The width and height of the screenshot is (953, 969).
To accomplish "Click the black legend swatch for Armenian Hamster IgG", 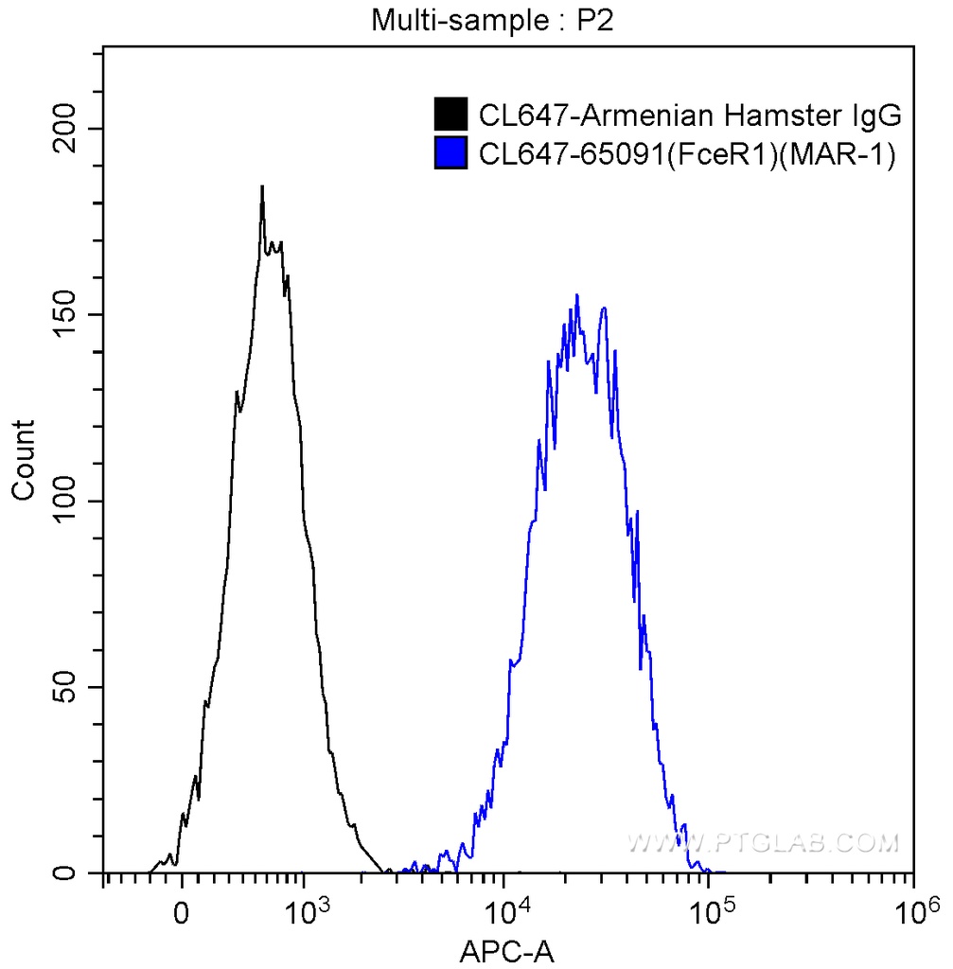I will click(450, 115).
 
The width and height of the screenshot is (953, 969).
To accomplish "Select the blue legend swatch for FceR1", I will click(450, 152).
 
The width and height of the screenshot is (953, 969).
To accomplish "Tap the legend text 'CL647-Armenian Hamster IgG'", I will click(689, 115).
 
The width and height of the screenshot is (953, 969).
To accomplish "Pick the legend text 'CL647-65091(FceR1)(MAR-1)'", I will click(687, 152).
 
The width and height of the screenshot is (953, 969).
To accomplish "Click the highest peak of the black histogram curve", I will click(262, 186).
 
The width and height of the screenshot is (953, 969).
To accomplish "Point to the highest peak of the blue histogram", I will click(576, 295).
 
